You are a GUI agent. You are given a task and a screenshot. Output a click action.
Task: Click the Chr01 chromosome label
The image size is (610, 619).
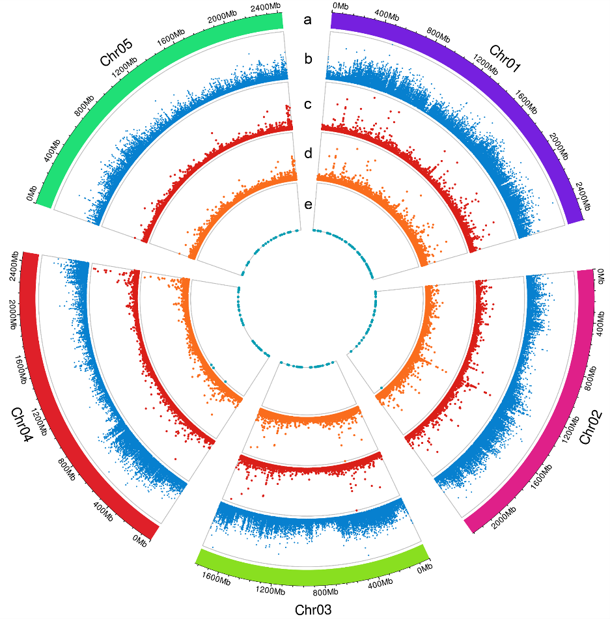click(505, 59)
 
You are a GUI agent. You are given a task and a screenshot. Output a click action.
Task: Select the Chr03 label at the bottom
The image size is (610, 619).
click(314, 610)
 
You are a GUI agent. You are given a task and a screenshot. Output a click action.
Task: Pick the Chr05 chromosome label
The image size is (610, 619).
click(116, 53)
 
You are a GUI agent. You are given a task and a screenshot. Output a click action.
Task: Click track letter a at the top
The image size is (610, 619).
click(307, 20)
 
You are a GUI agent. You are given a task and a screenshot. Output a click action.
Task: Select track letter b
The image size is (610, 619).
click(308, 59)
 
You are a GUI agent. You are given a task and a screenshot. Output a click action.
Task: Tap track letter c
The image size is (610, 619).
click(308, 104)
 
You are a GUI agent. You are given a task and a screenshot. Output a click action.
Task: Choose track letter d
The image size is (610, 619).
click(308, 154)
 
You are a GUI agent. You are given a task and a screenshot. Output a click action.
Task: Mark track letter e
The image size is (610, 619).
click(308, 204)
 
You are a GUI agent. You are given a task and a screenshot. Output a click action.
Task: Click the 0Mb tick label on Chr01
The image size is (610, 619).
click(340, 7)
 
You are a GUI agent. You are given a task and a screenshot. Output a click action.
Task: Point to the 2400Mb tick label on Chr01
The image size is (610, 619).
click(581, 193)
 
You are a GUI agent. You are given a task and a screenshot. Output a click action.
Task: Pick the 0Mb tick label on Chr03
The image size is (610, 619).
click(423, 570)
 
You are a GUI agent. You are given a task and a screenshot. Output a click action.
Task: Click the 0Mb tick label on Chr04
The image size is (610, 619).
click(139, 540)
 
